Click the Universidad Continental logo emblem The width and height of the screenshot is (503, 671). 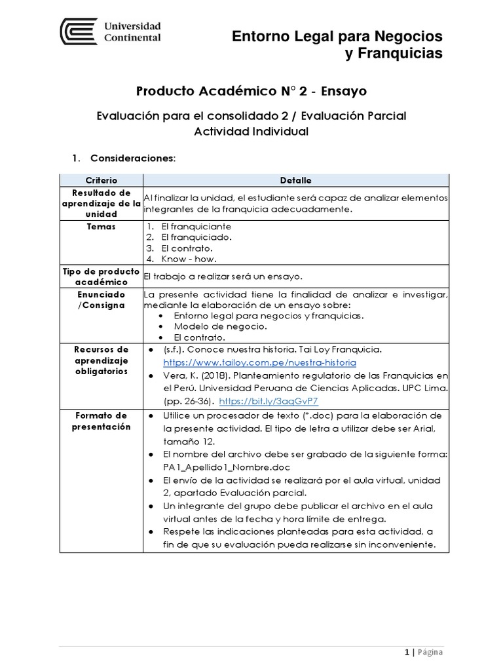coord(77,31)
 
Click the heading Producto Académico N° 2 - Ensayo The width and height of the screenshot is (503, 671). coord(251,90)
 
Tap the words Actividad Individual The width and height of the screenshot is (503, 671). coord(251,131)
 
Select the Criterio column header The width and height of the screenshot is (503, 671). coord(101,180)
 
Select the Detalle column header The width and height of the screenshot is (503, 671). coord(295,180)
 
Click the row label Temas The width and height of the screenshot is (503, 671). coord(101,227)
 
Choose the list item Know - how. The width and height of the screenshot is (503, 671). coord(190,259)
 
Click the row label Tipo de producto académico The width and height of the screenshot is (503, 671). coord(101,277)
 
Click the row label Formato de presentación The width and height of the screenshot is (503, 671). coord(101,421)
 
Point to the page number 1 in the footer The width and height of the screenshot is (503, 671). coord(407,652)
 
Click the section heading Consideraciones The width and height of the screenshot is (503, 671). coord(132,159)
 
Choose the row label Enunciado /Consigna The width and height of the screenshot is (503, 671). coord(101,300)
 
